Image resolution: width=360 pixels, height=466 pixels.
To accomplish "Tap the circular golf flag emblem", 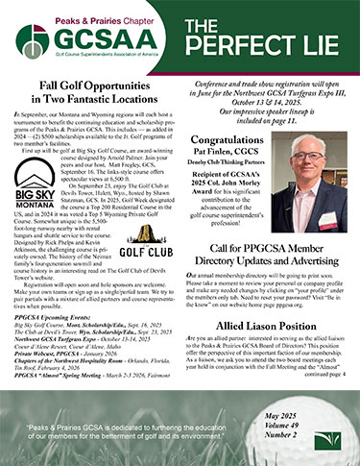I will pos(33,39).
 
